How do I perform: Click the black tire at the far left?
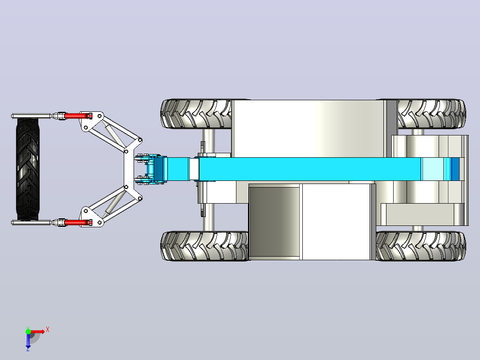[28, 169]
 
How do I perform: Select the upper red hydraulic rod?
[77, 116]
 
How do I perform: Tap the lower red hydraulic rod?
[77, 222]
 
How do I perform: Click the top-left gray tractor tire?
[196, 114]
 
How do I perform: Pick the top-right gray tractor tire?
[431, 114]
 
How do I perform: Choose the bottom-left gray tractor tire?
[204, 246]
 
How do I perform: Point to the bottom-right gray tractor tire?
[421, 246]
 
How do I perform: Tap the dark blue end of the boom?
[456, 169]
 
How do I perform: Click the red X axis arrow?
[37, 331]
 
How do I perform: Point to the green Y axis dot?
[28, 331]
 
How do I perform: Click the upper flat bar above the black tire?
[31, 116]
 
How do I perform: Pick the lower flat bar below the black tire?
[31, 222]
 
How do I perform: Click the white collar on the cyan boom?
[194, 169]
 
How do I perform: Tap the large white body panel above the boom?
[308, 129]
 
